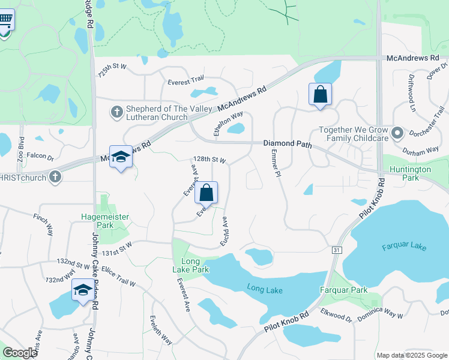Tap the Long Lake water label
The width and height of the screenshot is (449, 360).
coord(265,290)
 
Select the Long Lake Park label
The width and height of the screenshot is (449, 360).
coord(195,265)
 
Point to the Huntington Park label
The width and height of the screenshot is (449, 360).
coord(410,173)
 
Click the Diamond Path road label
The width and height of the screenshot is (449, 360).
coord(288,144)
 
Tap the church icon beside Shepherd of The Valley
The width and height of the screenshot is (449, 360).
coord(116,112)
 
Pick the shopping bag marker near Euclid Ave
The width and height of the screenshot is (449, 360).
coord(206,193)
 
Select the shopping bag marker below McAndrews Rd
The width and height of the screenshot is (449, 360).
coord(320,95)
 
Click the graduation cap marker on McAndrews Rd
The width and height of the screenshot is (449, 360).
coord(121,157)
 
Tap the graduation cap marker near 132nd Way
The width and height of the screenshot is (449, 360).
coord(83,291)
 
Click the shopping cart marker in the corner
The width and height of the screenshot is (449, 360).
coord(5,20)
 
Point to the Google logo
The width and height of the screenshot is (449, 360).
coord(20,353)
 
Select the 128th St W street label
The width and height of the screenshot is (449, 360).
coord(209,160)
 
